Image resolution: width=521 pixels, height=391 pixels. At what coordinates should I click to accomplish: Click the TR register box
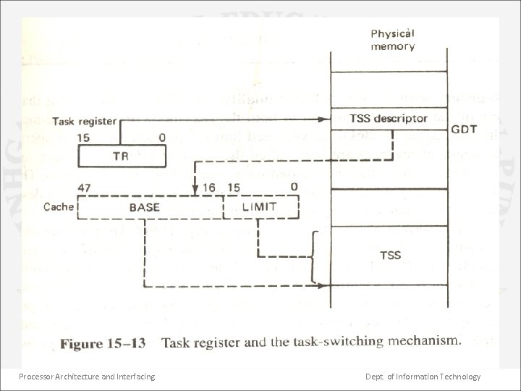122,156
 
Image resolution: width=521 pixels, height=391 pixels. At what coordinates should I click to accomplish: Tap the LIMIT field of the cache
260,207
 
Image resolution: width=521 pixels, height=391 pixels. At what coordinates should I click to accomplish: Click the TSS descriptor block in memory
389,119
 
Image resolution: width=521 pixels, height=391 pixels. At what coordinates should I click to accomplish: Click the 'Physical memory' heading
393,40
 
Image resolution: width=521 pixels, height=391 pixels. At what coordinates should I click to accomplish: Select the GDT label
463,131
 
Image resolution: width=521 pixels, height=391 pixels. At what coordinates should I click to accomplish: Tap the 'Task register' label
83,121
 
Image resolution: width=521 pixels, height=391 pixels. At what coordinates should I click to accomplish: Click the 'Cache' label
59,207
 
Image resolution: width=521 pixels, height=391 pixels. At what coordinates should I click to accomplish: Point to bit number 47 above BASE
85,188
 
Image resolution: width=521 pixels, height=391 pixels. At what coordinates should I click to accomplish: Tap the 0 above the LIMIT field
294,187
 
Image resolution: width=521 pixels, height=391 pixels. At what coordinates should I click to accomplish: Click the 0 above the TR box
161,137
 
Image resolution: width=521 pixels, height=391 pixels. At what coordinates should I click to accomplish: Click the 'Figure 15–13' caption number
103,343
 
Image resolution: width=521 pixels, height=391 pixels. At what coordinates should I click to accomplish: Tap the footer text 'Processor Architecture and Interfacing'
87,377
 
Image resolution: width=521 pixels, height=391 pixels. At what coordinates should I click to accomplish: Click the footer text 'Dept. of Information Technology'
423,377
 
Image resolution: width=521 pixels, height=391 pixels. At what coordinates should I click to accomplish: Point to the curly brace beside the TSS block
313,257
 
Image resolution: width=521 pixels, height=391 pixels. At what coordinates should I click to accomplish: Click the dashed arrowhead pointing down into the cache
195,192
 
